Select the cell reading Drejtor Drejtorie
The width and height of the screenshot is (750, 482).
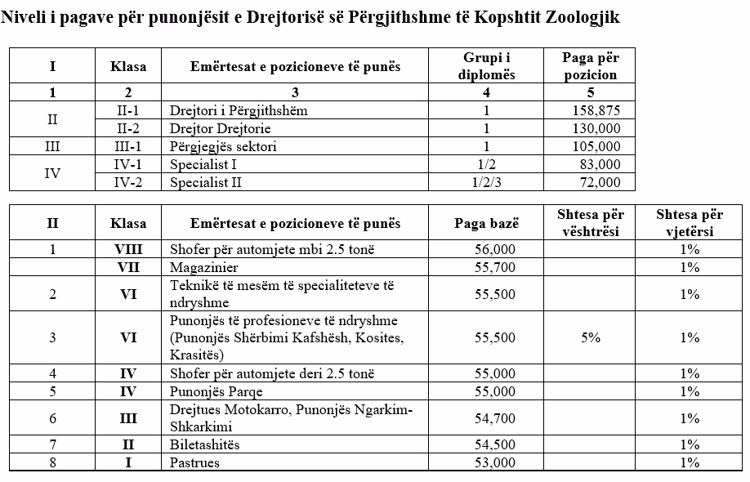220,128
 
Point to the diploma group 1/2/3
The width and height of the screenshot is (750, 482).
486,183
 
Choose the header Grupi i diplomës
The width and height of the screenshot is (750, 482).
486,66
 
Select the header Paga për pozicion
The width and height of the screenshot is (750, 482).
591,66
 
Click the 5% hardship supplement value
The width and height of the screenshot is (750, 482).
591,337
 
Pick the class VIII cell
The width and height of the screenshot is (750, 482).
128,249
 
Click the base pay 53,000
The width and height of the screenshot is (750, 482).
494,462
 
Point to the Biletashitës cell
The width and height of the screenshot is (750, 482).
204,444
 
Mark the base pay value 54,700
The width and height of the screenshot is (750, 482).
494,418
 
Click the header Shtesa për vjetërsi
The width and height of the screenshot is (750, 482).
689,223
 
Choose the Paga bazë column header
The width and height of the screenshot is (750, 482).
486,223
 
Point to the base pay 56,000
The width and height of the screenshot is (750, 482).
494,249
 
